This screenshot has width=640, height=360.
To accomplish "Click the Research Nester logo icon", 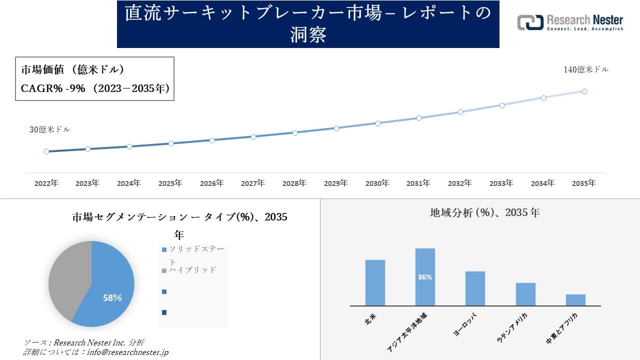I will (x=530, y=22).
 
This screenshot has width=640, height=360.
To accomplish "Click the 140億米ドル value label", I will (x=586, y=70).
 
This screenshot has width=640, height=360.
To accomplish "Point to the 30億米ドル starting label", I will (x=49, y=129).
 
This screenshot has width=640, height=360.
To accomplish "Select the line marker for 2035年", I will (x=584, y=91).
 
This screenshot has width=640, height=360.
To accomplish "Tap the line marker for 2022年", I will (x=46, y=151).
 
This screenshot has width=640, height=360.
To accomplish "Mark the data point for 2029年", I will (x=336, y=128).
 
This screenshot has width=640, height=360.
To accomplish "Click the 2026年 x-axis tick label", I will (x=211, y=183).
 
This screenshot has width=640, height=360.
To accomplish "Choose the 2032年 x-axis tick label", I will (x=459, y=183).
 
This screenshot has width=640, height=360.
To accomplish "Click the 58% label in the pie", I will (x=112, y=298).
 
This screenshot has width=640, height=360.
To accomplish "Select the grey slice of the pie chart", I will (x=67, y=280).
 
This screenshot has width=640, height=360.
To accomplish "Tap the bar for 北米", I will (x=375, y=282).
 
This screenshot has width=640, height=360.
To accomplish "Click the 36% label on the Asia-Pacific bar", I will (x=425, y=277).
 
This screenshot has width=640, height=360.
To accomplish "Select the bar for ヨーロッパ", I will (x=475, y=288).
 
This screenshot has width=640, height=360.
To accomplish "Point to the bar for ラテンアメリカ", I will (x=525, y=294).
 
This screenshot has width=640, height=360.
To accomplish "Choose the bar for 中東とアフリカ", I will (x=575, y=300).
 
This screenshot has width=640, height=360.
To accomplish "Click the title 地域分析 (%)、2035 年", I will (x=484, y=212).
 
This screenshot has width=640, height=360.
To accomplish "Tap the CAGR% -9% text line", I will (x=95, y=88).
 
